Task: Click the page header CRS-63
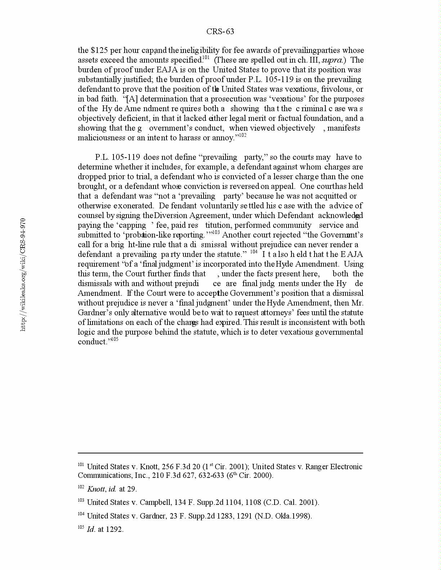(220, 32)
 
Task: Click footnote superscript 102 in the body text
(243, 135)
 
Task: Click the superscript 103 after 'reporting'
(216, 232)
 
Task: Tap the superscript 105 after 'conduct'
(115, 339)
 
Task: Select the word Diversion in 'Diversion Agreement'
(171, 216)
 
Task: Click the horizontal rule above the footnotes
(220, 453)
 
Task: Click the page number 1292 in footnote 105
(115, 529)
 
